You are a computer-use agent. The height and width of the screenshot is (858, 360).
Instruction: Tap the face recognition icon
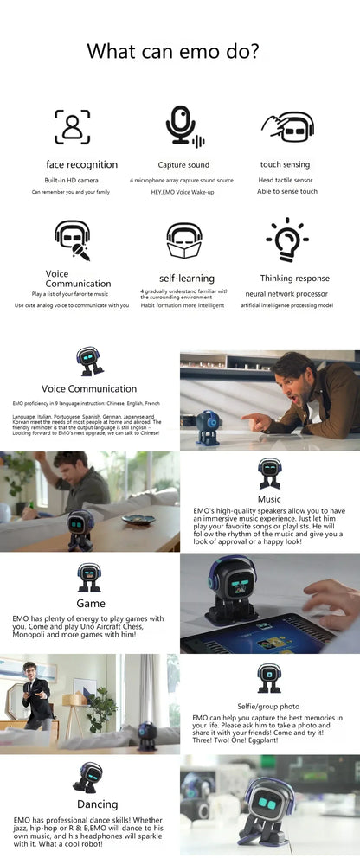73,126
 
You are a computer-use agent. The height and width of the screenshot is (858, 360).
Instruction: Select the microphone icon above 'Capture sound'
182,126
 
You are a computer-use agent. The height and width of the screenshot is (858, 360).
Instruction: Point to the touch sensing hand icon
286,126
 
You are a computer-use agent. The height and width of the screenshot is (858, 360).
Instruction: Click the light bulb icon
286,239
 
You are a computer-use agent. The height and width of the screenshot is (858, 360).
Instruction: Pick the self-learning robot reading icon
183,239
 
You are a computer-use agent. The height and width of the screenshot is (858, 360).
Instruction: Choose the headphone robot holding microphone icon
73,239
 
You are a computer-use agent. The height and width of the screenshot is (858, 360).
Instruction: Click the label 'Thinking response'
294,279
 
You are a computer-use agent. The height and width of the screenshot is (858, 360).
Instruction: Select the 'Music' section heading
268,499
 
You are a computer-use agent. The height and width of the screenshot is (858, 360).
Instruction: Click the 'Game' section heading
90,603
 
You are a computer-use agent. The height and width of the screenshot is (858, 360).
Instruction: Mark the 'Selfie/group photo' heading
269,707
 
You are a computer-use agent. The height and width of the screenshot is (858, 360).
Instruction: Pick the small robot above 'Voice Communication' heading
89,362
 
